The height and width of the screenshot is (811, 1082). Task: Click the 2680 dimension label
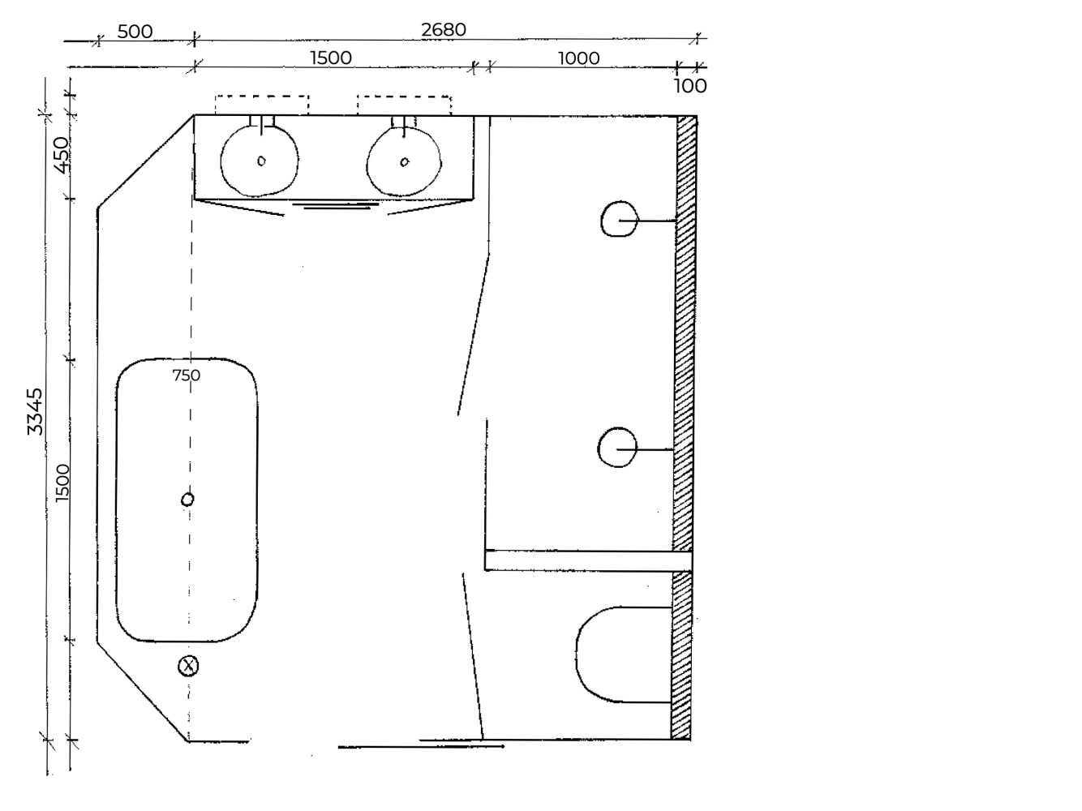[443, 30]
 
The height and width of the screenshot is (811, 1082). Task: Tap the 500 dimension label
[135, 32]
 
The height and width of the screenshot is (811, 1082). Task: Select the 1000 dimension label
[578, 58]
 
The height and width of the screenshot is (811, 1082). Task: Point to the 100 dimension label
[690, 86]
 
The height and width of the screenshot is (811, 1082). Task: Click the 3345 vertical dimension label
[35, 411]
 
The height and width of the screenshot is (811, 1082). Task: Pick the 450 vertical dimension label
[61, 155]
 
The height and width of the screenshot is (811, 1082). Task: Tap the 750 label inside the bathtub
[187, 375]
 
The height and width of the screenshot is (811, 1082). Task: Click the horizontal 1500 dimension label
[331, 58]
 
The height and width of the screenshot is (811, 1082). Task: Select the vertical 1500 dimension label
[62, 483]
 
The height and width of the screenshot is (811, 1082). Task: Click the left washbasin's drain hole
[261, 161]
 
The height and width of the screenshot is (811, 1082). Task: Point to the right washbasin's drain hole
[404, 161]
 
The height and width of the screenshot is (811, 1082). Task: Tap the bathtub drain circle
[187, 500]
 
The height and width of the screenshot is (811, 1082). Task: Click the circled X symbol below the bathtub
[188, 666]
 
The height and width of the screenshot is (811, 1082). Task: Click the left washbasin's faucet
[261, 125]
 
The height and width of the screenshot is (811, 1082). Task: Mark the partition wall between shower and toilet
[589, 560]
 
